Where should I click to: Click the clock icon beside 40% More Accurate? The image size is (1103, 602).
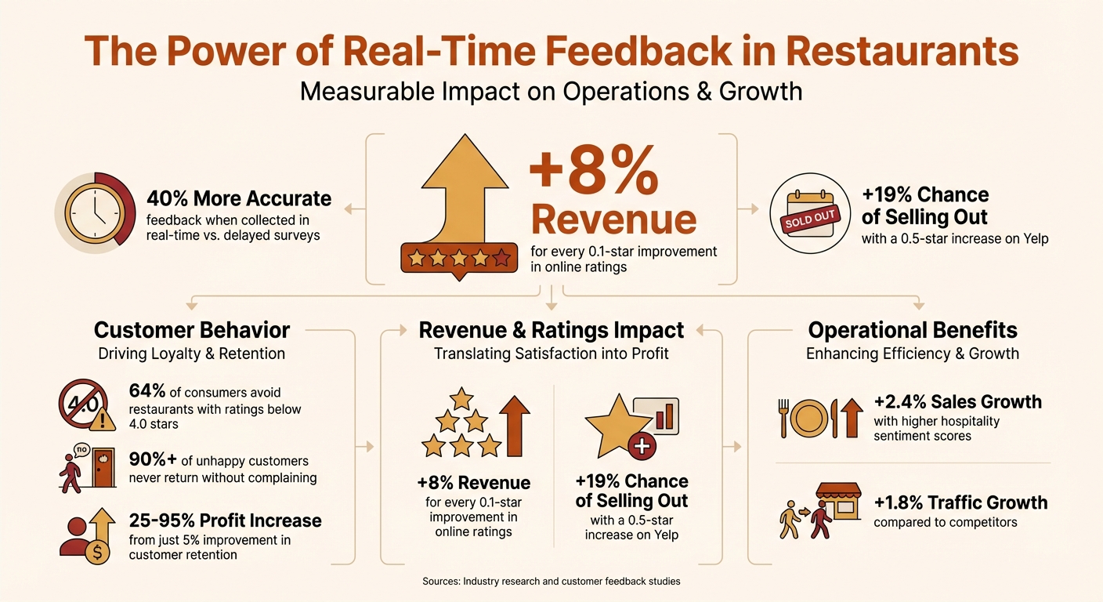[93, 211]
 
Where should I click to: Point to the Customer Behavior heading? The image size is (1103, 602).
[192, 329]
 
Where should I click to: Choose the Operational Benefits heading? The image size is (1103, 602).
[913, 329]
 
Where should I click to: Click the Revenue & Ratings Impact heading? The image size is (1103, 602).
[551, 329]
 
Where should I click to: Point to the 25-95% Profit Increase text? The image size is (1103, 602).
[225, 520]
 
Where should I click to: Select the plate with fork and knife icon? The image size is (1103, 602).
[819, 418]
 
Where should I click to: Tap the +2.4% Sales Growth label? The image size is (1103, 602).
[957, 402]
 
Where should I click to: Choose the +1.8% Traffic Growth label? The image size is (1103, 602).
[960, 502]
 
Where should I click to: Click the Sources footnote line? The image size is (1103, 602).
[551, 582]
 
